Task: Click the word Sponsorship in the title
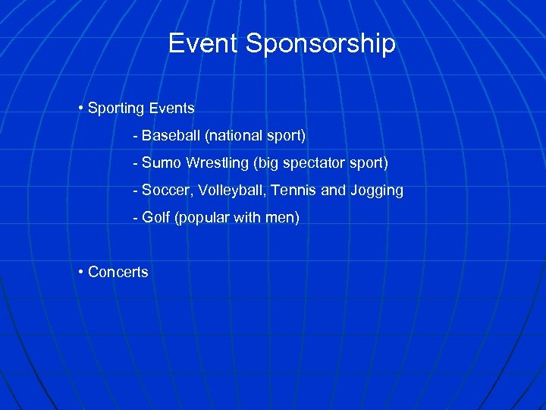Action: coord(321,45)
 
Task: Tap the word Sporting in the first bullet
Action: coord(115,109)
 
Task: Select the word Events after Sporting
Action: coord(171,108)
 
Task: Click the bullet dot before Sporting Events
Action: coord(80,108)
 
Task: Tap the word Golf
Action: coord(155,218)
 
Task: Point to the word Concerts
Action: coord(118,272)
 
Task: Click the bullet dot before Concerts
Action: coord(80,272)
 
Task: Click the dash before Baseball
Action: coord(135,136)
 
